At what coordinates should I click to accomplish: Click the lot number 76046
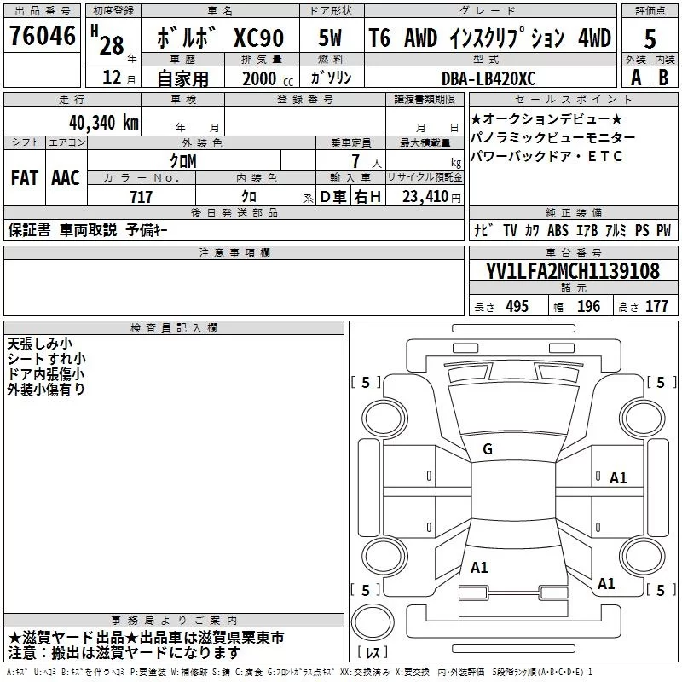43,36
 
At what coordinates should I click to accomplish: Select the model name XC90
259,38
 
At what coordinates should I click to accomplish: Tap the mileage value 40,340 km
103,123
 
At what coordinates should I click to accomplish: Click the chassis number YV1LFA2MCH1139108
573,270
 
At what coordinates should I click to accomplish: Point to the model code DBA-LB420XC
488,78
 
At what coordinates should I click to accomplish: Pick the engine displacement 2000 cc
268,78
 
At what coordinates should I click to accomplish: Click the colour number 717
141,197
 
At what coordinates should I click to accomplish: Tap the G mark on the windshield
488,449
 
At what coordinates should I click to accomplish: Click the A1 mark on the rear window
479,568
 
